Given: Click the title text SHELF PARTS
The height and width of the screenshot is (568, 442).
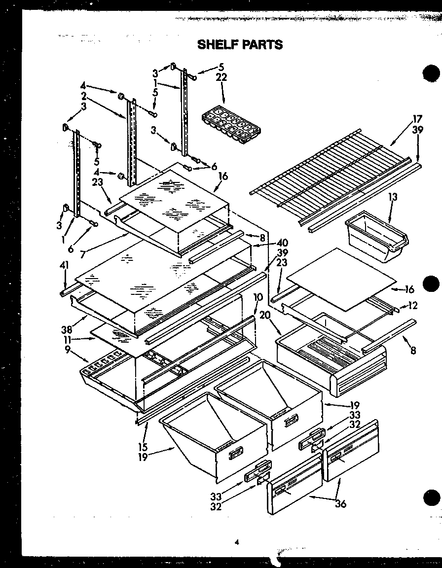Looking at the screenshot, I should click(x=240, y=44).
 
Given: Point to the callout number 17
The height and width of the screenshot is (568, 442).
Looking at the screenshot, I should click(x=417, y=118).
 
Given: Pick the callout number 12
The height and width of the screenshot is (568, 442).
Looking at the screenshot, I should click(x=413, y=306).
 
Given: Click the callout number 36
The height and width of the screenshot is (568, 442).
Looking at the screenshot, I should click(x=340, y=504).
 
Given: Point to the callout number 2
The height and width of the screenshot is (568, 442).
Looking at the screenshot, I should click(x=84, y=95).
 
